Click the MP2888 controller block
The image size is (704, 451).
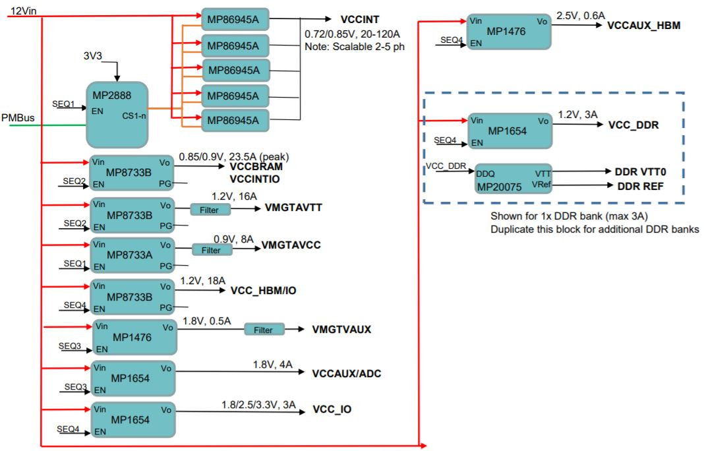(x=117, y=115)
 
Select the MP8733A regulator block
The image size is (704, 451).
(x=132, y=255)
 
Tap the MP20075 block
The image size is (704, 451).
(x=513, y=179)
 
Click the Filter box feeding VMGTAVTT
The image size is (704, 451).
(x=210, y=209)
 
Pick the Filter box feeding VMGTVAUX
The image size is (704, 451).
(x=264, y=330)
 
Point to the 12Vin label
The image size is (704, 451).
(x=23, y=11)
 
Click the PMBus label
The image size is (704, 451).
(x=18, y=117)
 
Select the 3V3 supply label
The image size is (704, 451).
(x=92, y=55)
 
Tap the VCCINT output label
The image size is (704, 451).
(x=360, y=19)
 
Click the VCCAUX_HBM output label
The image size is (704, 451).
(x=643, y=25)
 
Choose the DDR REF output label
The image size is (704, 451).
(x=640, y=186)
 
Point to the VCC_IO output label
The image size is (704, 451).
(x=332, y=409)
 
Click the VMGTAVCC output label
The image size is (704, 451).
(x=291, y=245)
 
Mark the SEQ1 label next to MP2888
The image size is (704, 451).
(x=63, y=104)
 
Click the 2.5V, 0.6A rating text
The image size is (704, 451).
(x=581, y=16)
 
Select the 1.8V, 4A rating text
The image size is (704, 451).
(x=272, y=365)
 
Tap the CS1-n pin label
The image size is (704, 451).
(x=134, y=116)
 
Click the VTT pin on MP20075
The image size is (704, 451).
(x=543, y=173)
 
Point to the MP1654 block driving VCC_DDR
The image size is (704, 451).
(x=510, y=131)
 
